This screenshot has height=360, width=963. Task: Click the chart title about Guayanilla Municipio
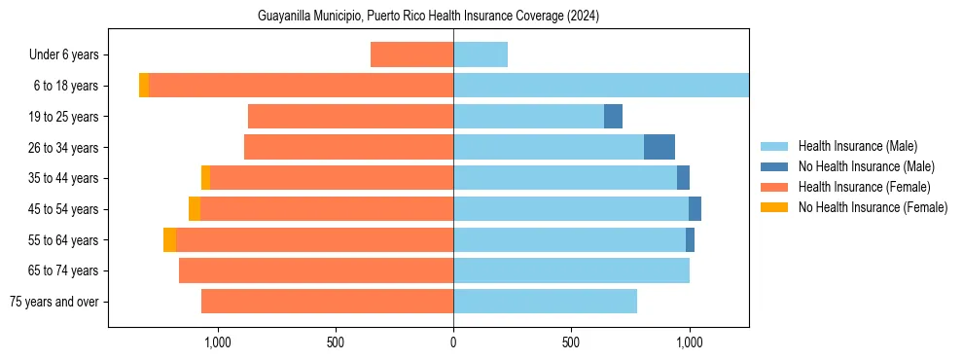point(428,17)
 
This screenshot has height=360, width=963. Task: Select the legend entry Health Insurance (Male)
point(856,146)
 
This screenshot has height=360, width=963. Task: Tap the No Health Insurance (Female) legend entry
point(872,207)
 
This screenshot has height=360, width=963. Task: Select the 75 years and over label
point(54,302)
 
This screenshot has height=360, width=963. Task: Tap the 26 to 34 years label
point(65,148)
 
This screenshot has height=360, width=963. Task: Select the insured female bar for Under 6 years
point(411,54)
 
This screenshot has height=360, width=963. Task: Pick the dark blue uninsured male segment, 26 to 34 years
point(660,147)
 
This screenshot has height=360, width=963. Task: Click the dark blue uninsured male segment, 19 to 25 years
point(613,117)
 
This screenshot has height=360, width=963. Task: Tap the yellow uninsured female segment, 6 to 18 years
point(144,86)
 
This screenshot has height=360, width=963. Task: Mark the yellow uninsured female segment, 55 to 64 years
point(169,239)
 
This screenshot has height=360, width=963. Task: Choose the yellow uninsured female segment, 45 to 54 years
point(195,209)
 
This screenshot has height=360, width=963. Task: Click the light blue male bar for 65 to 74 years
point(571,270)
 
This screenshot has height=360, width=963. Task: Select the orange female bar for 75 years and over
point(327,302)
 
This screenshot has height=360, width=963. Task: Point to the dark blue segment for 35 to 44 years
point(683,178)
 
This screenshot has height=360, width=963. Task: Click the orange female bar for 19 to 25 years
point(350,117)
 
